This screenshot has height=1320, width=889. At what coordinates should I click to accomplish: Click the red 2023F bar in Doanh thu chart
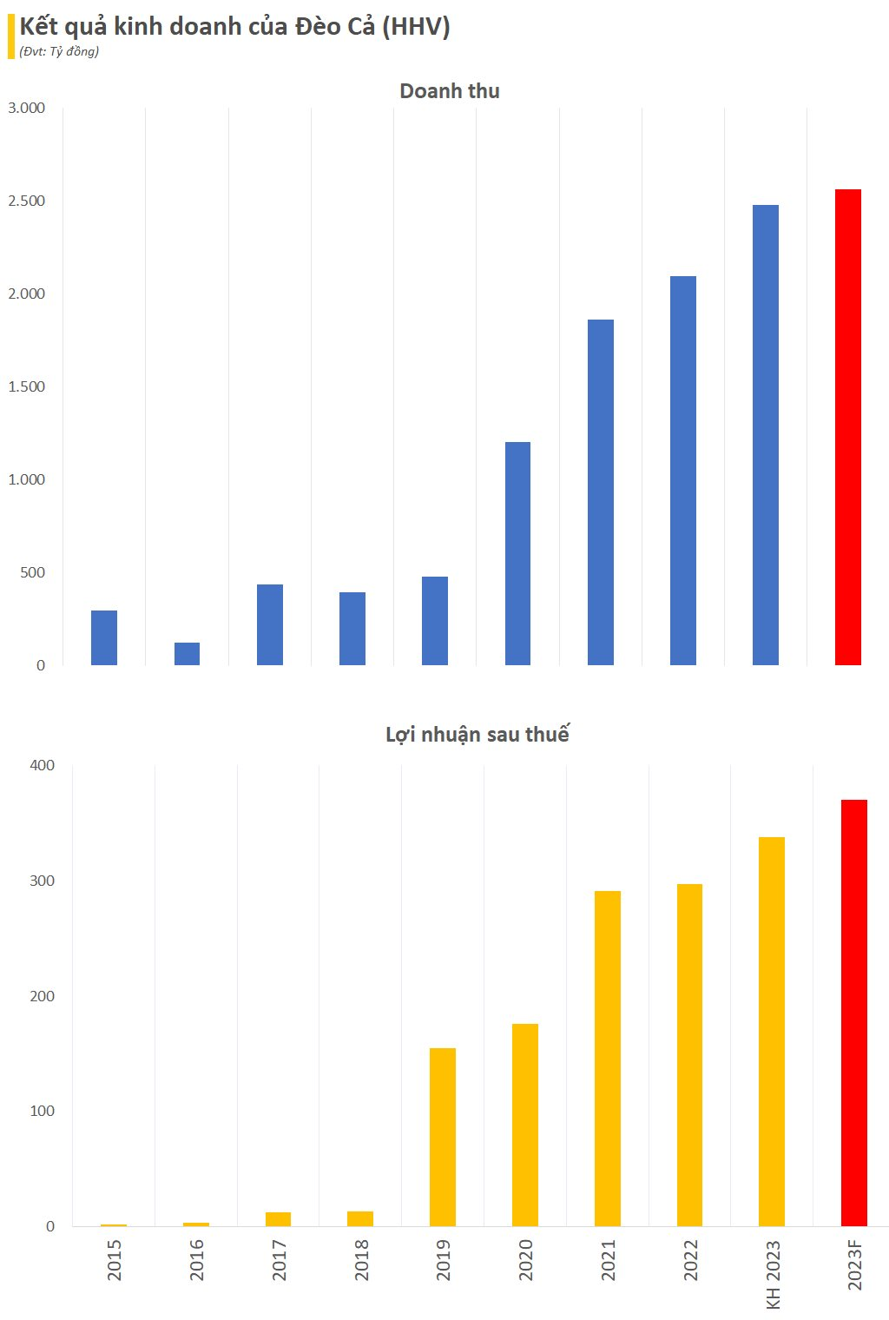(847, 427)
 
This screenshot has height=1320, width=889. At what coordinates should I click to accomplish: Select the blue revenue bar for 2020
(517, 554)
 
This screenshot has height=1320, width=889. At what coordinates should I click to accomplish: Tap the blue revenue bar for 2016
(187, 654)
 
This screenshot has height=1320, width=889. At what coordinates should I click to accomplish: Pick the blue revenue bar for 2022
(683, 471)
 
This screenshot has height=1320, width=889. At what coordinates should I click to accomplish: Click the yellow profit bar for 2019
(443, 1137)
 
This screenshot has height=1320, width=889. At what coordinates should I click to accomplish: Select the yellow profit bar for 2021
(608, 1059)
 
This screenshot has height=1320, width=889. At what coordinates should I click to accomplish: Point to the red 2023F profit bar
(854, 1013)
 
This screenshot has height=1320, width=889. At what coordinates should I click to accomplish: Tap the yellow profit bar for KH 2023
(772, 1032)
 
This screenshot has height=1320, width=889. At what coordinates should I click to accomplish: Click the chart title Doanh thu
(449, 91)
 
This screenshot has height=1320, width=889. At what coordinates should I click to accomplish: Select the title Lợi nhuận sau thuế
(477, 735)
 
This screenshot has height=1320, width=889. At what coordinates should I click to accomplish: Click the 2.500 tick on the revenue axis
(27, 201)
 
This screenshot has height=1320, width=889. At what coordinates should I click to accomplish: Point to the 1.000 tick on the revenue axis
(27, 479)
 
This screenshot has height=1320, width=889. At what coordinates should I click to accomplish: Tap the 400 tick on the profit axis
(42, 765)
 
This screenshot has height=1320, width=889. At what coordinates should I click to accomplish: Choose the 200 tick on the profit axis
(42, 996)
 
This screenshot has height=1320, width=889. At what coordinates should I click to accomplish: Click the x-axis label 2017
(279, 1259)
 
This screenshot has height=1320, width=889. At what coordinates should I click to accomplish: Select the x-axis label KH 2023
(773, 1274)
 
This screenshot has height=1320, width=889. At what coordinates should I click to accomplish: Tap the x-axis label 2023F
(855, 1265)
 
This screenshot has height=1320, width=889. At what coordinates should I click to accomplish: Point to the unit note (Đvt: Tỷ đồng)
(59, 51)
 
